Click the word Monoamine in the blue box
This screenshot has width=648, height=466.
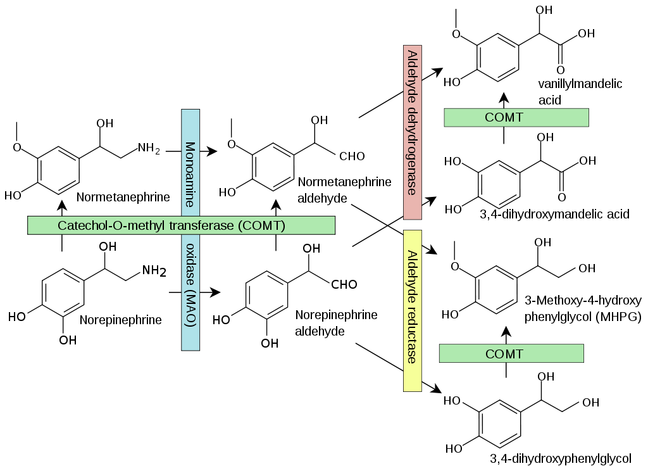pyautogui.click(x=190, y=175)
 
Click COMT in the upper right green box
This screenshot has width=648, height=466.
pyautogui.click(x=504, y=118)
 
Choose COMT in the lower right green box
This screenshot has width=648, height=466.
pyautogui.click(x=504, y=354)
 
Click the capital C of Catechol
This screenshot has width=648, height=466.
pyautogui.click(x=62, y=225)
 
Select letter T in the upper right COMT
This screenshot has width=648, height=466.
pyautogui.click(x=520, y=118)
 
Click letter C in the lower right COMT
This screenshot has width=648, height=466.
pyautogui.click(x=490, y=354)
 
